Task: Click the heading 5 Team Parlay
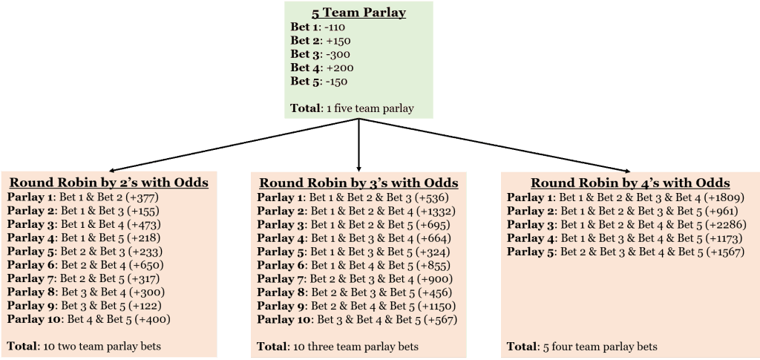(x=358, y=13)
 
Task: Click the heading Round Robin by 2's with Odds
(x=109, y=183)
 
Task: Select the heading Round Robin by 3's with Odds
(x=358, y=183)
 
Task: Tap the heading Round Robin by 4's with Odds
(x=630, y=183)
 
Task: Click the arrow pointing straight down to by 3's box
(x=358, y=145)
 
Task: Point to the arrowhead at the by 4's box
(x=628, y=170)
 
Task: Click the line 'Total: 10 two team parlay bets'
(x=84, y=346)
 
